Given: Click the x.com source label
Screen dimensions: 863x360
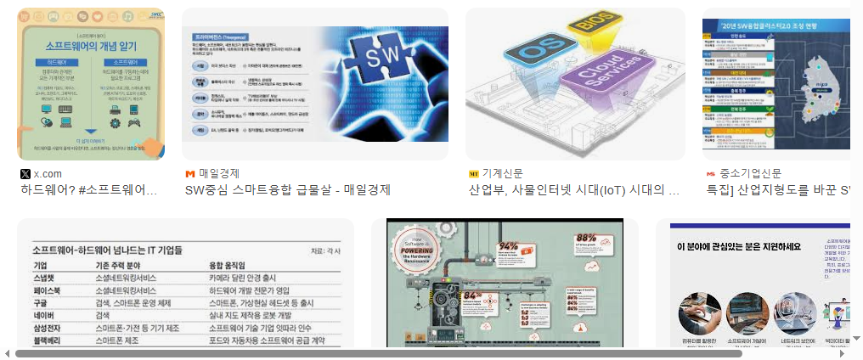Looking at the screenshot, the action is click(x=47, y=173).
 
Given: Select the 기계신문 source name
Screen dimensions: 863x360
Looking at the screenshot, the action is click(x=502, y=173).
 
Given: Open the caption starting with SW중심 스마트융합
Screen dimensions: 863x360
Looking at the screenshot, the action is click(x=287, y=190).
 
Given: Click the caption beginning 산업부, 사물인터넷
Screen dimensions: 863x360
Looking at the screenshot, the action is click(x=574, y=190).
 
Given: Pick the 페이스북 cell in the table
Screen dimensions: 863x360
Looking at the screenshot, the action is click(x=48, y=290).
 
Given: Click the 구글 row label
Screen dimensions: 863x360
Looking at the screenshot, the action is click(x=40, y=303).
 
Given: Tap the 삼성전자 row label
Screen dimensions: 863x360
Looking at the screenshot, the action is click(x=48, y=328).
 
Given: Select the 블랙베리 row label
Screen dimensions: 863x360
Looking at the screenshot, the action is click(x=48, y=340).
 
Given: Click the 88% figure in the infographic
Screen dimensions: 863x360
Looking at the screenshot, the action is click(x=586, y=239).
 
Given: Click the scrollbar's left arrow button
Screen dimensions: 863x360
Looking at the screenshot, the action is click(x=7, y=353).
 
